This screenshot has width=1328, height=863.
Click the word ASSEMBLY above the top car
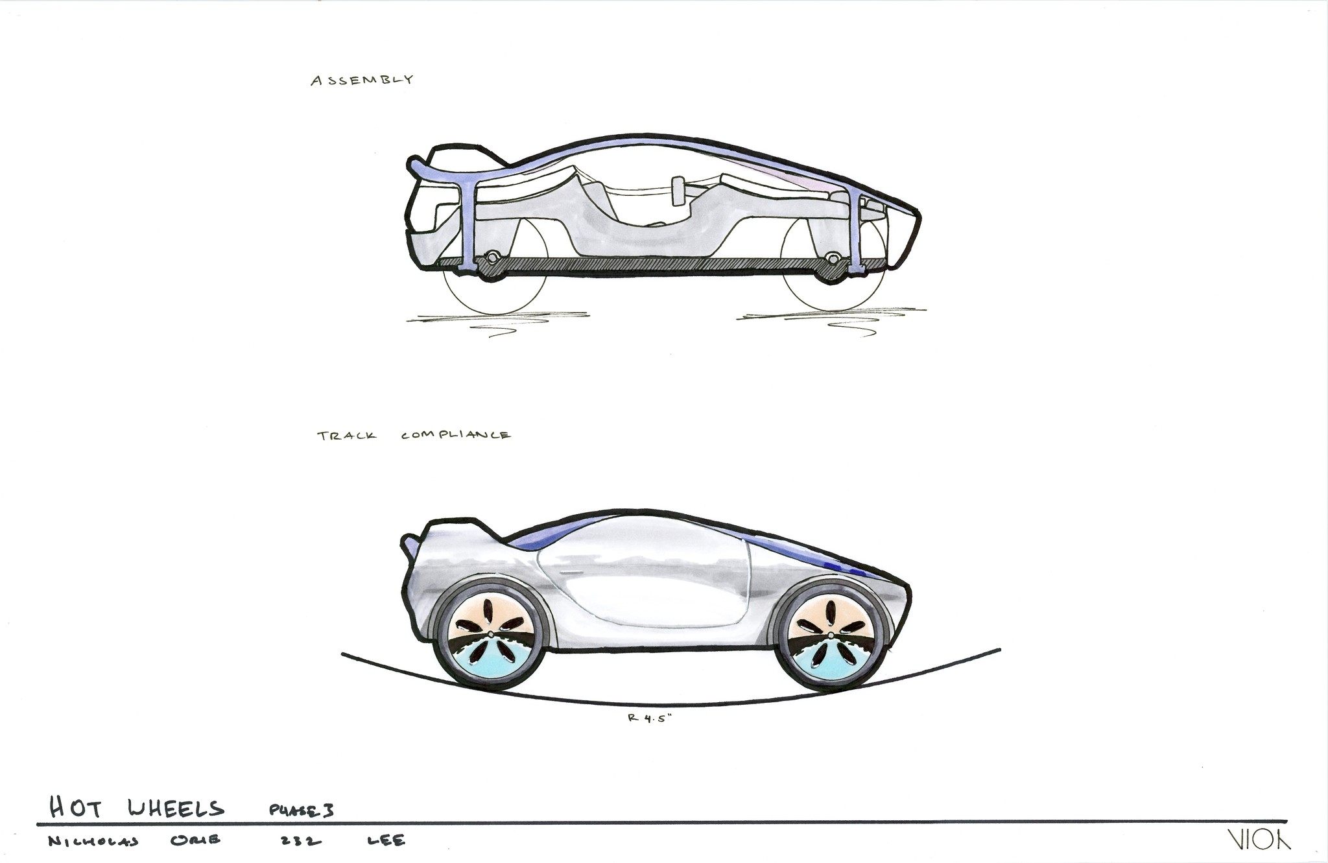click(362, 80)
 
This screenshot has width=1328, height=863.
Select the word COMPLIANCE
click(456, 436)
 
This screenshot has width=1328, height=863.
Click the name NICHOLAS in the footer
click(93, 842)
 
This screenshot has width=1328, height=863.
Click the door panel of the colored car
click(642, 584)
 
